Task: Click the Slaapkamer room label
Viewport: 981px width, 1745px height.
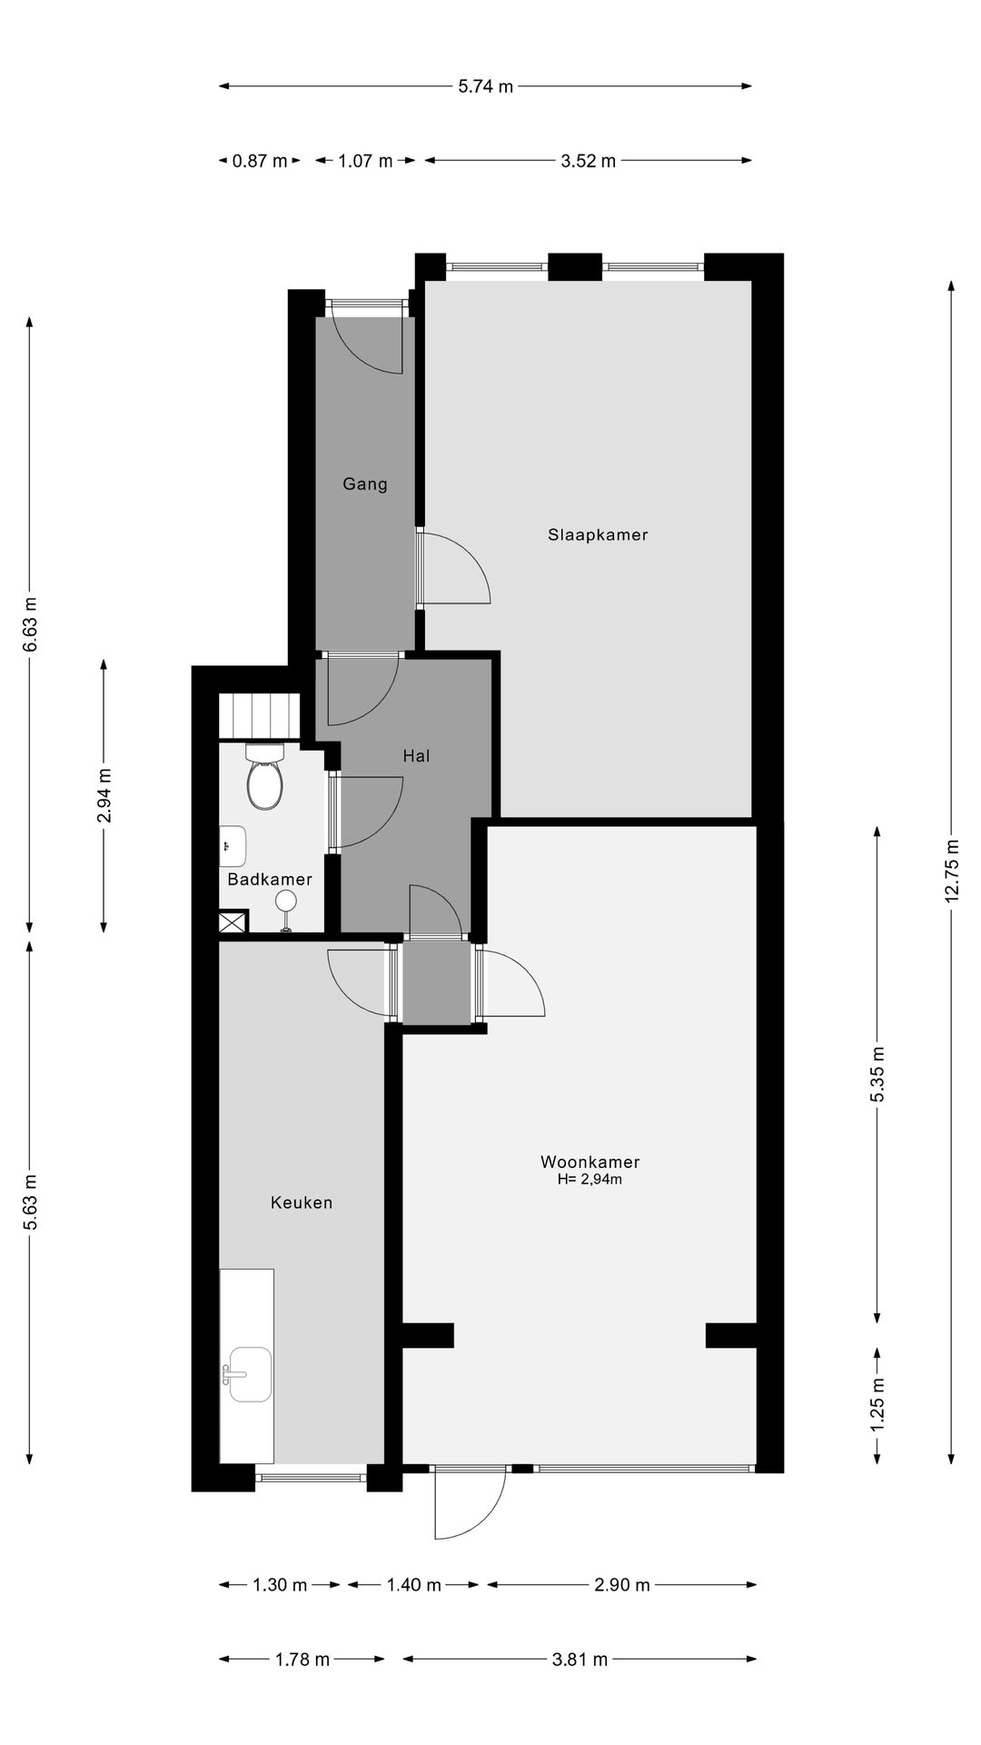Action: coord(598,535)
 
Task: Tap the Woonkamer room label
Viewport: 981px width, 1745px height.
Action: coord(590,1162)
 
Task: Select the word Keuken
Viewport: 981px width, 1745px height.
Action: coord(302,1202)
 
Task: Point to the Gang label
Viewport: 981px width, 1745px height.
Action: coord(365,484)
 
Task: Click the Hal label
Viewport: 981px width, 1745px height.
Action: coord(416,755)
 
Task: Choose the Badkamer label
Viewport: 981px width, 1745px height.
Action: coord(270,880)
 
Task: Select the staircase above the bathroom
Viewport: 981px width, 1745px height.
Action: coord(259,715)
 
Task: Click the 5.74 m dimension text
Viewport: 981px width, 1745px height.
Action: coord(485,87)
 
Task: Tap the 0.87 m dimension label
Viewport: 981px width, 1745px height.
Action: coord(260,162)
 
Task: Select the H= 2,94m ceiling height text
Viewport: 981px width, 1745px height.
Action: coord(590,1180)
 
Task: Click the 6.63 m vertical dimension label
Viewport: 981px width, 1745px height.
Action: coord(31,623)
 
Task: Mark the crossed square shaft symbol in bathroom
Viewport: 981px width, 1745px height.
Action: coord(233,922)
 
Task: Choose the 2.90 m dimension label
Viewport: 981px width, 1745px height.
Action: coord(622,1585)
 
